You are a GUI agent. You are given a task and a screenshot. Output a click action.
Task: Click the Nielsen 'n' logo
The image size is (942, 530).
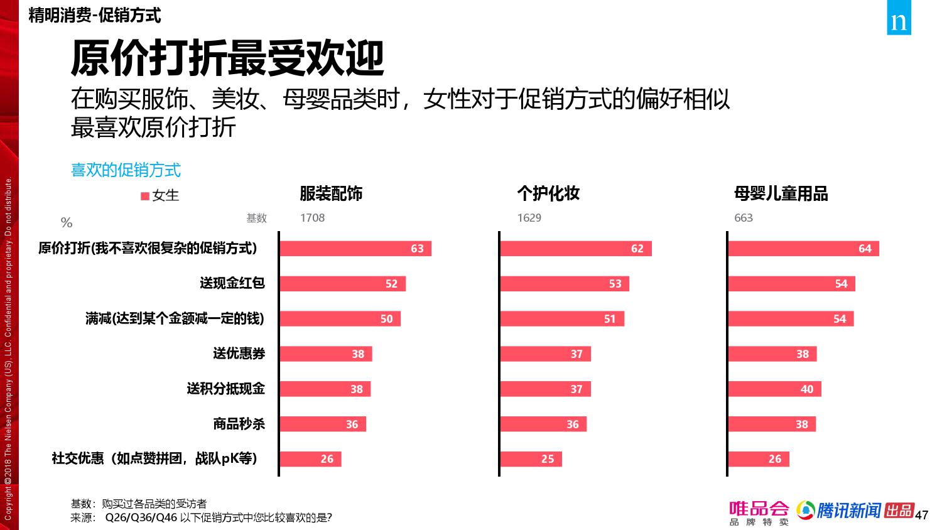click(899, 22)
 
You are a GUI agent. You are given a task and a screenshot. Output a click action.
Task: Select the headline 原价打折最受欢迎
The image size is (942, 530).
click(227, 60)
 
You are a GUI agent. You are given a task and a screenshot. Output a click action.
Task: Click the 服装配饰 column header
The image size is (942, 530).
click(331, 193)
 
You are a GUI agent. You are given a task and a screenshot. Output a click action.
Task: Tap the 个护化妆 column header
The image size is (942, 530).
click(548, 193)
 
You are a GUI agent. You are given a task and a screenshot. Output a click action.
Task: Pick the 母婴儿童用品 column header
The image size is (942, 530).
click(781, 193)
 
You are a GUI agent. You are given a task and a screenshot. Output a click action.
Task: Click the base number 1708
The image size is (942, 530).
click(312, 218)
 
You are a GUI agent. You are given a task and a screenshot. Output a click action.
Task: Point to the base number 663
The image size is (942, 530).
click(744, 218)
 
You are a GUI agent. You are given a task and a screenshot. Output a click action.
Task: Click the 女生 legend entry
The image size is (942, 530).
click(161, 196)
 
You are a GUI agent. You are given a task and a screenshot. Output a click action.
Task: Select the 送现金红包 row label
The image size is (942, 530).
click(232, 283)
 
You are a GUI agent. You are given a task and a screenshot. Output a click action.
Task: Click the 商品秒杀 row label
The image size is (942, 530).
click(239, 424)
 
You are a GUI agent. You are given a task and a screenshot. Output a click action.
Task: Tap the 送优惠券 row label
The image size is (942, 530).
click(239, 354)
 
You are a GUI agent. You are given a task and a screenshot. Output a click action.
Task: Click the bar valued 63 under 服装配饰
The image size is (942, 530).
click(355, 249)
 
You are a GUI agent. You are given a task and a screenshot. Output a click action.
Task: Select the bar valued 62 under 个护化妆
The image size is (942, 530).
click(576, 249)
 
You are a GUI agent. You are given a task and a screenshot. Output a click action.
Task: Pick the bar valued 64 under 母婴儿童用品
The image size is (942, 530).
click(803, 249)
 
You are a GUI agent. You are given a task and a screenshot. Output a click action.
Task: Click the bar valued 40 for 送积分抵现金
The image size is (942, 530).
click(774, 389)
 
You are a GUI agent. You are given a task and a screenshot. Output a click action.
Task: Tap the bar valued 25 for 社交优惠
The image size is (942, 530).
click(531, 459)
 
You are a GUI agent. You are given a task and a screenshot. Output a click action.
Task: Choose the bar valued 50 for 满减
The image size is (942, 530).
click(340, 319)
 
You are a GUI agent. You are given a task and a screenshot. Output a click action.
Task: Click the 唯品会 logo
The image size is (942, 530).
click(759, 512)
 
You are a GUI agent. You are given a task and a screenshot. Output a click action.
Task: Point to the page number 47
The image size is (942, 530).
click(921, 516)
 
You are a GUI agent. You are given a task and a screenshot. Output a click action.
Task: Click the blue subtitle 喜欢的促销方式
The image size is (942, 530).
click(126, 170)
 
